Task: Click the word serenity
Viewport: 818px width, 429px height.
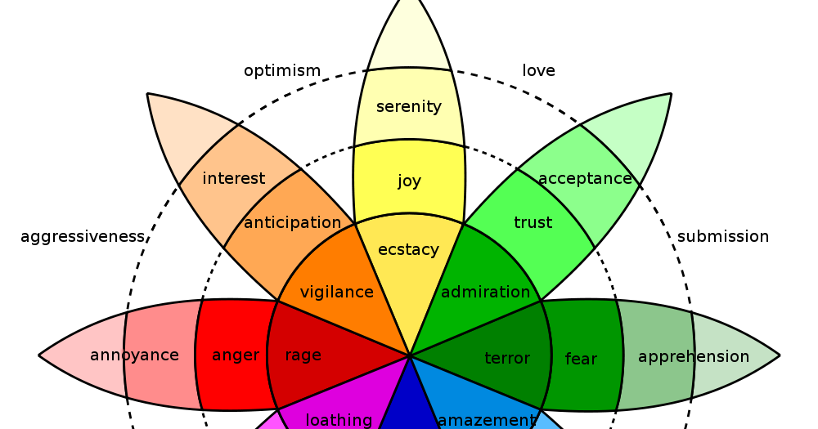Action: click(x=409, y=107)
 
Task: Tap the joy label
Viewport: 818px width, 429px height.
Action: click(x=409, y=181)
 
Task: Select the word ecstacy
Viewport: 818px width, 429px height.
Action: click(x=408, y=250)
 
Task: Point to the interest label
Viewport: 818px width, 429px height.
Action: click(x=234, y=178)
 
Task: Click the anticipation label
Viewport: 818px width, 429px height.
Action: click(x=292, y=223)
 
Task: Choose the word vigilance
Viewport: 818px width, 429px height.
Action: click(x=336, y=292)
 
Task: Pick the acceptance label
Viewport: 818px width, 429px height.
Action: click(x=585, y=178)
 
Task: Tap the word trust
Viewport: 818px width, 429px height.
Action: click(x=533, y=223)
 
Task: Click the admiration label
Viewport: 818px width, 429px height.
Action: click(x=486, y=292)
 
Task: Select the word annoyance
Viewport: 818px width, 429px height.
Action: click(x=134, y=355)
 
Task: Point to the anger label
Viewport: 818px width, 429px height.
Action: click(x=236, y=355)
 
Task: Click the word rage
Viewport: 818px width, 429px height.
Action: click(x=303, y=355)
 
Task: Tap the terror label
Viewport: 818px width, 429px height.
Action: click(x=507, y=359)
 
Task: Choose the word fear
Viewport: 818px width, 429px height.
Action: click(x=581, y=359)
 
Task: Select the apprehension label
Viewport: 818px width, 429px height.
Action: click(x=694, y=357)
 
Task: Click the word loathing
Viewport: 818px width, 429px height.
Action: click(x=339, y=420)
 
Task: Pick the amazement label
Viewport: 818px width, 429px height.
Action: click(x=487, y=420)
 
